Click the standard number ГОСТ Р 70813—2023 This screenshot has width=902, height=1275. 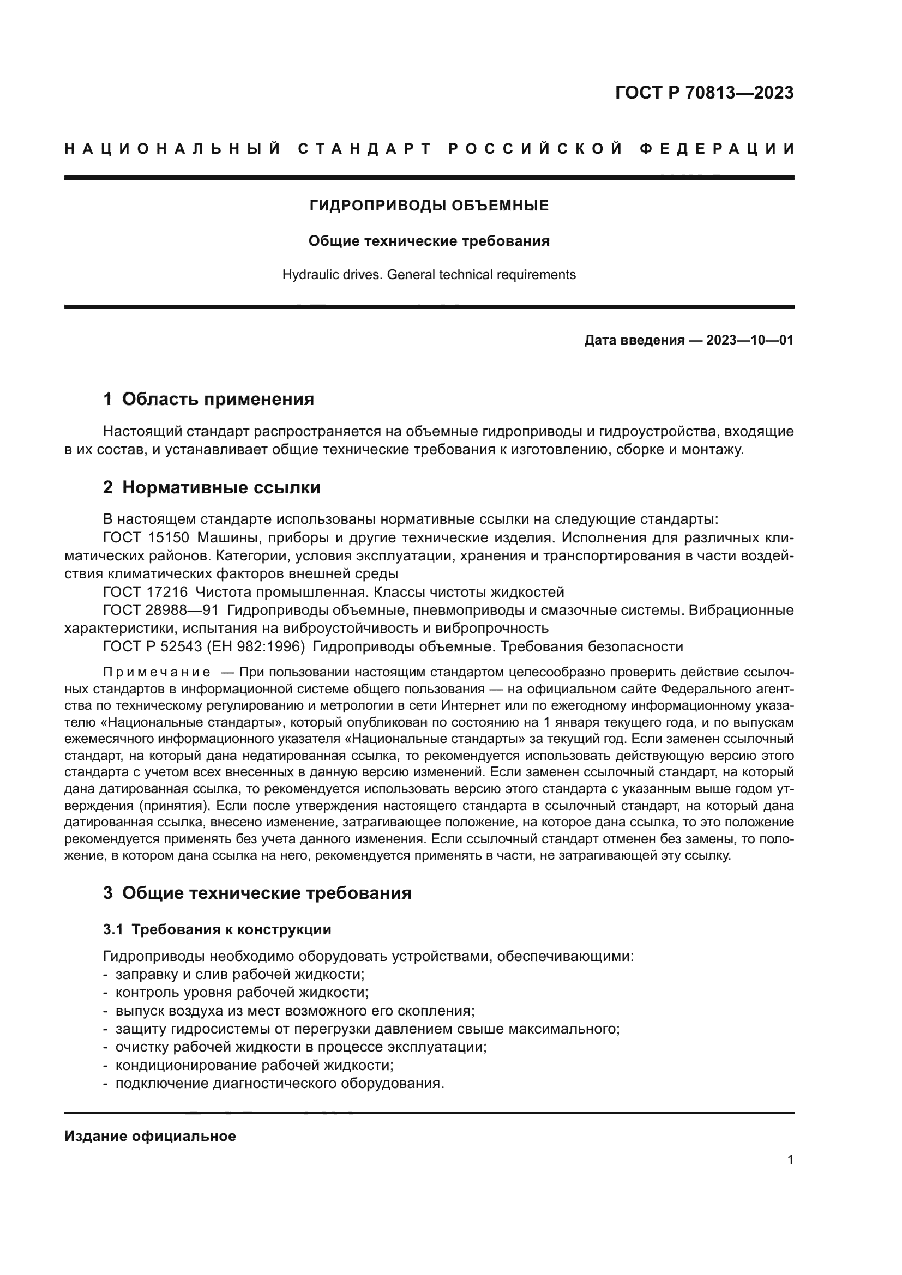(703, 93)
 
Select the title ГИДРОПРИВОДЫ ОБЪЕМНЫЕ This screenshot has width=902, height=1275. (429, 206)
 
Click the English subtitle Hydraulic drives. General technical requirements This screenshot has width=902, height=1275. (429, 275)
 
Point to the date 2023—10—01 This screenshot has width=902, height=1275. (750, 340)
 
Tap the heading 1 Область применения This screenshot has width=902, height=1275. (209, 399)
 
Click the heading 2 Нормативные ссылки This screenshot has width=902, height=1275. (212, 487)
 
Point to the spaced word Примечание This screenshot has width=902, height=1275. (157, 673)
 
